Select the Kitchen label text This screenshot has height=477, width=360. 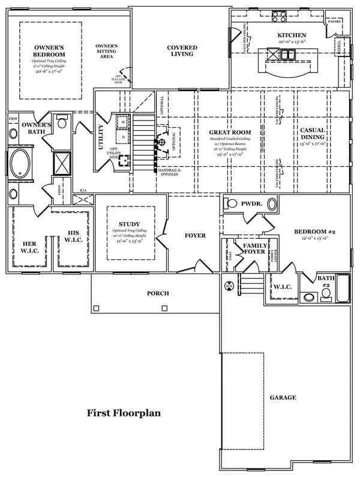point(292,35)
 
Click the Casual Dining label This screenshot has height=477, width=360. point(313,134)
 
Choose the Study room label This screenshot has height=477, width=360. point(130,224)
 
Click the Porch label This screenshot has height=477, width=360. point(158,293)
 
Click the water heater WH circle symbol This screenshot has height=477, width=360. point(229,286)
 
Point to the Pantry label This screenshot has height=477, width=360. point(334,20)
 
